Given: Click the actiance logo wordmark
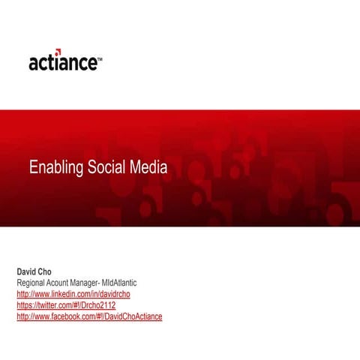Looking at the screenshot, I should click(x=62, y=63).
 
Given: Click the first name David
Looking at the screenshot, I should click(x=28, y=271).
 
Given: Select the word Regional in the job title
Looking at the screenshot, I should click(x=32, y=283).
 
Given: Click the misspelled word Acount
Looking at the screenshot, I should click(x=64, y=283).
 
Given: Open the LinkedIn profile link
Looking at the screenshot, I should click(x=73, y=294).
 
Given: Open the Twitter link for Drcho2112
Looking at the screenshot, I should click(x=66, y=305).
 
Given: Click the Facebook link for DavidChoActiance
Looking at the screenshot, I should click(x=89, y=316).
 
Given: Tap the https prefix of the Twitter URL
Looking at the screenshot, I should click(x=25, y=305).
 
